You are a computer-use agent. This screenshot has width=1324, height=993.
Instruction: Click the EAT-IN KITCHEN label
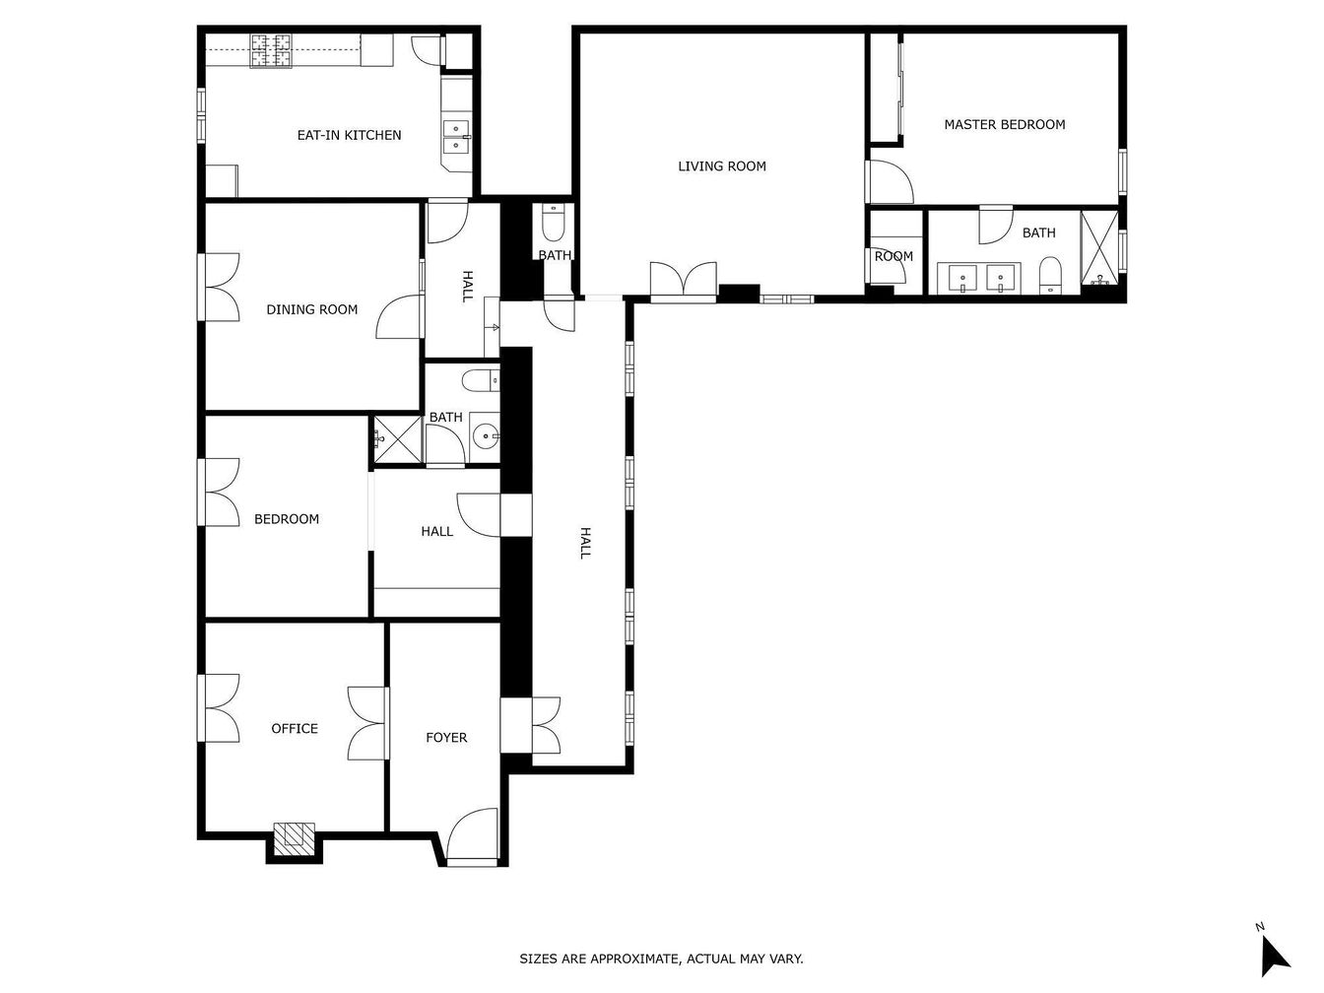coord(349,135)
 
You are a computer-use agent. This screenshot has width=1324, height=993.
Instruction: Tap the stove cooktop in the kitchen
coord(272,50)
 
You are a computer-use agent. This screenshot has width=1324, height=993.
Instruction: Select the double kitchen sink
coord(457,138)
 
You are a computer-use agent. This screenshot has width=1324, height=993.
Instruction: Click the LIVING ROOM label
coord(721,166)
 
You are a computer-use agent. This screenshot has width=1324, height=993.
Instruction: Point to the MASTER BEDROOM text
coord(1004,125)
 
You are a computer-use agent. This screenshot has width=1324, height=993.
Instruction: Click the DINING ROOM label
coord(312,310)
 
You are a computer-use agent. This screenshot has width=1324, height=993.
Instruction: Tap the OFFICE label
coord(295,729)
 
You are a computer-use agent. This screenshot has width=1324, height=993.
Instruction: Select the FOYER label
coord(446,738)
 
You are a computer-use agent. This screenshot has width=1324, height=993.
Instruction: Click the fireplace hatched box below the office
coord(295,838)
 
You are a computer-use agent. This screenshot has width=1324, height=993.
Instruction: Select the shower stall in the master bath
coord(1099,247)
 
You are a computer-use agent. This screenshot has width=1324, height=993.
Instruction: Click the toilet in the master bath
coord(1051,276)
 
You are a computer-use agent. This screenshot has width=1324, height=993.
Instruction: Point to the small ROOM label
coord(894,257)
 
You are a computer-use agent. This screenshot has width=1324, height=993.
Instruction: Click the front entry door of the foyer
coord(472,837)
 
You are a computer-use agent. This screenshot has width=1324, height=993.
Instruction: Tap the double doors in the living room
coord(684,282)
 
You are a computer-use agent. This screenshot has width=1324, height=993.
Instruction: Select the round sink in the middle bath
coord(486,435)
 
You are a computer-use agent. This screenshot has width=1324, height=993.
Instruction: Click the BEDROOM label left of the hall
coord(287,519)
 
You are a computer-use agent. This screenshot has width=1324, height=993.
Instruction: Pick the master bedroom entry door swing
coord(890,182)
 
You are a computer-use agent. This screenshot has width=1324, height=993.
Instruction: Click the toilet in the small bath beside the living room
coord(553,223)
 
